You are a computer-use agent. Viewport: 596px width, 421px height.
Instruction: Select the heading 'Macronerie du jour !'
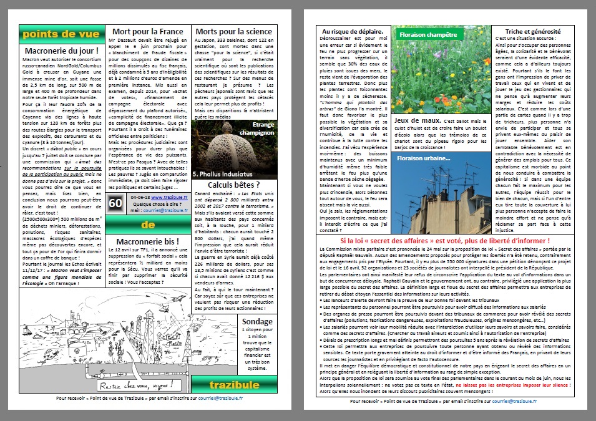coord(61,51)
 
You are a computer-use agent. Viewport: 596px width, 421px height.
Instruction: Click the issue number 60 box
coord(116,203)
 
